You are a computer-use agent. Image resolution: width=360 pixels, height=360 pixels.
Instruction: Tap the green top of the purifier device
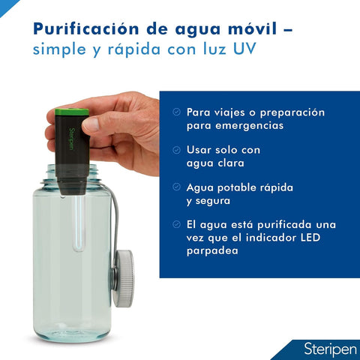click(73, 112)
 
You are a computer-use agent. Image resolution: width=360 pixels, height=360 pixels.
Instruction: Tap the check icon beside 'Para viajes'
click(176, 112)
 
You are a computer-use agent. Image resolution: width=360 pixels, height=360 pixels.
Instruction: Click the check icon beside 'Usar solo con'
click(176, 148)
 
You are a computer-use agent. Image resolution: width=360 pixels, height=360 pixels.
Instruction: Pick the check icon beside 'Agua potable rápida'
click(176, 187)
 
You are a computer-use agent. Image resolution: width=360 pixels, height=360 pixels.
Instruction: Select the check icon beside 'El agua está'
click(176, 224)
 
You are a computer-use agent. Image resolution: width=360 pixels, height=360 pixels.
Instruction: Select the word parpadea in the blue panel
click(212, 252)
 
